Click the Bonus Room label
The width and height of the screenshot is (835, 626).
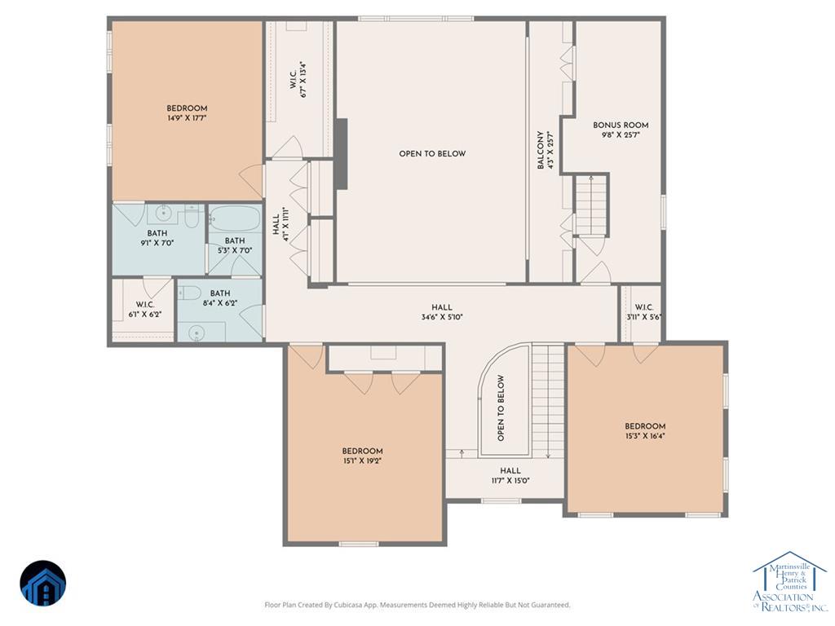coord(621,125)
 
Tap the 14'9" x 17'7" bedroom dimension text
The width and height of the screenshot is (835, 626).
coord(187,118)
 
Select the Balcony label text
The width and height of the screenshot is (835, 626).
coord(541,150)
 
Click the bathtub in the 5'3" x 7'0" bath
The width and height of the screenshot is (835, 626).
coord(235,218)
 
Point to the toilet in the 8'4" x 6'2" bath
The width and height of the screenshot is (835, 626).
coord(189,293)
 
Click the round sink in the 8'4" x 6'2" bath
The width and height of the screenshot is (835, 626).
coord(197,333)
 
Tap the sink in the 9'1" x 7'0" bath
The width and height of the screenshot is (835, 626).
coord(162,214)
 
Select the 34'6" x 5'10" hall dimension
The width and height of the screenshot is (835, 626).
coord(442,317)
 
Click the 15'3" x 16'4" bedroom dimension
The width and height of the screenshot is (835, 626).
coord(645,436)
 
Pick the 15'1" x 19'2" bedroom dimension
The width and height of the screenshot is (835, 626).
coord(362,461)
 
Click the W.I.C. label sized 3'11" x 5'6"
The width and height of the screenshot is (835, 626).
coord(644,307)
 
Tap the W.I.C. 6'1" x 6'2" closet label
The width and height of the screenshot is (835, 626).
coord(145,305)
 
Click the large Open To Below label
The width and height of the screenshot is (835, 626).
coord(432,154)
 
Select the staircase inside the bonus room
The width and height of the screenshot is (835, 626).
coord(590,205)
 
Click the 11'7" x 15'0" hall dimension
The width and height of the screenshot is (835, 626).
coord(510,481)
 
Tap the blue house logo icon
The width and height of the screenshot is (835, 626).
coord(43,583)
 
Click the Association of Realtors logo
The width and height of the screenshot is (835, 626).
coord(790,581)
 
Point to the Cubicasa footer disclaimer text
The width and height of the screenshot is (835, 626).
coord(417,605)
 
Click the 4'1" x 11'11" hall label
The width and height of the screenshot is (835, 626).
coord(281,224)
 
